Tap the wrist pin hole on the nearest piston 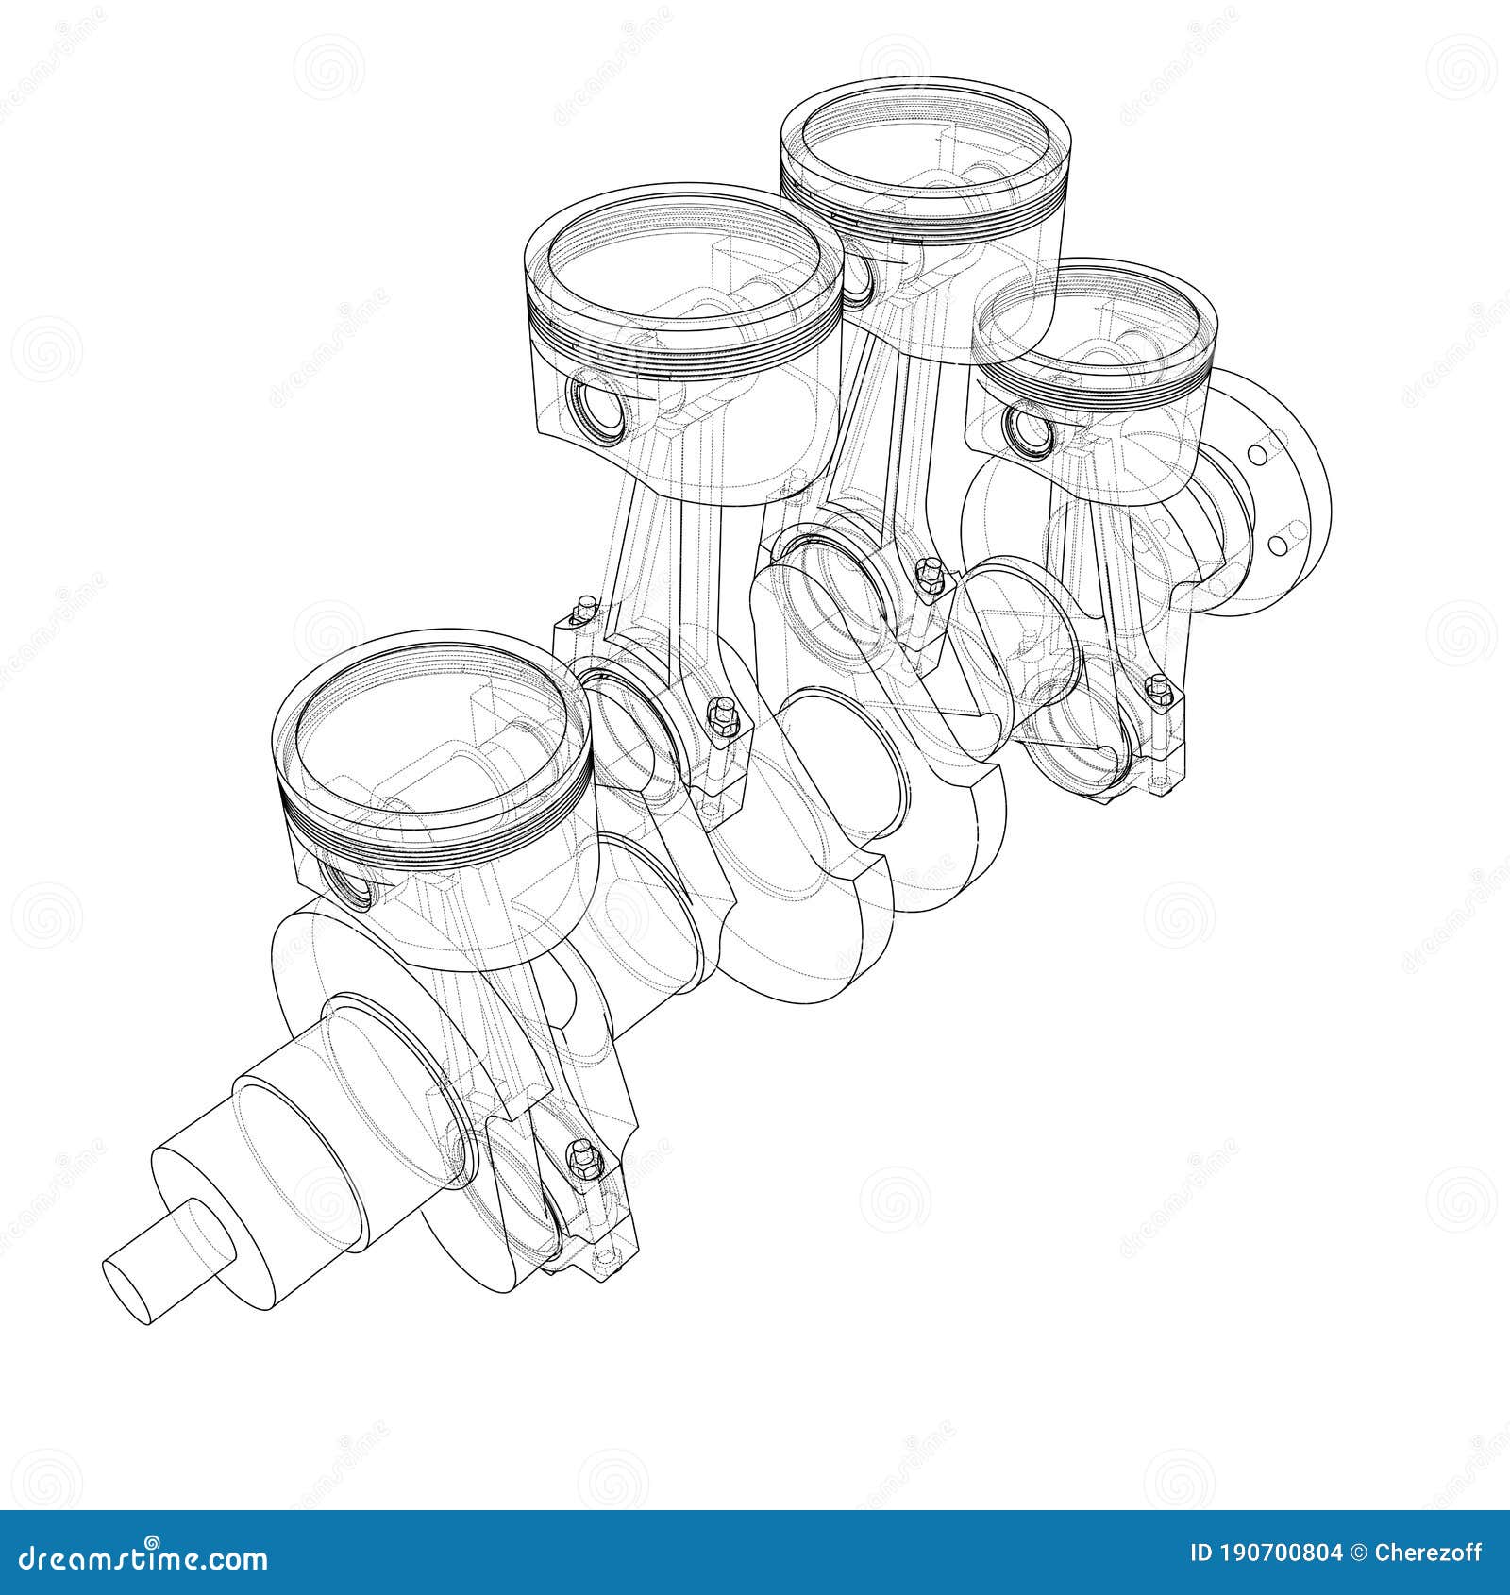(351, 884)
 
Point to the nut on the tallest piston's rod (930, 571)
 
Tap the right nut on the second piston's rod (724, 710)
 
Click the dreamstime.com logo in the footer (136, 1557)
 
